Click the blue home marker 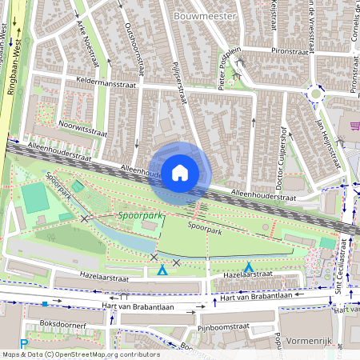[180, 173]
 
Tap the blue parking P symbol [24, 344]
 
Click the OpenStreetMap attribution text [80, 354]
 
